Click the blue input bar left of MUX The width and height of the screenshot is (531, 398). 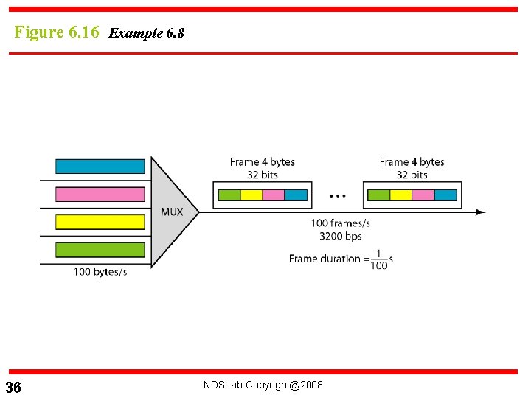coord(100,166)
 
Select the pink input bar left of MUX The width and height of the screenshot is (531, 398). coord(100,194)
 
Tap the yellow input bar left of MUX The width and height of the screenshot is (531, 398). coord(100,222)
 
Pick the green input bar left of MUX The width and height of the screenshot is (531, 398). coord(100,250)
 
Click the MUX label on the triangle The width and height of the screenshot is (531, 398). coord(172,212)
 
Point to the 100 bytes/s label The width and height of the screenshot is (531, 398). coord(100,272)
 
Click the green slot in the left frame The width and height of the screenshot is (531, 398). coord(229,195)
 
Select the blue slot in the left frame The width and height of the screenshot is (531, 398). coord(296,195)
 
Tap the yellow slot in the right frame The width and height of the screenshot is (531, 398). coord(400,195)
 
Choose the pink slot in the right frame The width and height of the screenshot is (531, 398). coord(423,195)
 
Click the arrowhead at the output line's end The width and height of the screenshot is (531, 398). coord(481,212)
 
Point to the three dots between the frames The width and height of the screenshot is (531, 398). coord(338,196)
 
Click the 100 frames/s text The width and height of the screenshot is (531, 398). coord(341,223)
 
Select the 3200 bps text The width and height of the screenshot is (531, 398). coord(341,236)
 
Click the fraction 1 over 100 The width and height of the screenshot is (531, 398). coord(379,259)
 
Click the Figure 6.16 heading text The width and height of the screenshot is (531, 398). coord(57,32)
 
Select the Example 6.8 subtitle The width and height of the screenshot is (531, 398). coord(146,33)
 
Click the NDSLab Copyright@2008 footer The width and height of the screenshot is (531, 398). coord(263,385)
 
